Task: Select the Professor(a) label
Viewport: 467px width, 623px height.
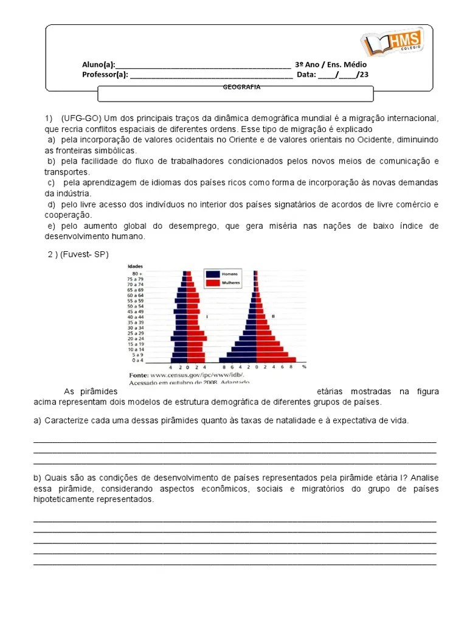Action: (105, 75)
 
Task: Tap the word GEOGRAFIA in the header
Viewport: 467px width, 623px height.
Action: (241, 87)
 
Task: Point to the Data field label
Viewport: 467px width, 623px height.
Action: (306, 75)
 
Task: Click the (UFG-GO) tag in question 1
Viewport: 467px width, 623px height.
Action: (78, 118)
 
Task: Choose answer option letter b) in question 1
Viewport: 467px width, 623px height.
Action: (50, 161)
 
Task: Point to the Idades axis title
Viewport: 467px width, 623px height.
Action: (136, 266)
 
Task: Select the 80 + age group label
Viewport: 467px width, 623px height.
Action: (137, 273)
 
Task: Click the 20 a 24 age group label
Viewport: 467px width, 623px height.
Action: (136, 338)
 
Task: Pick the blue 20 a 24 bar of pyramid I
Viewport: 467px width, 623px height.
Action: (179, 338)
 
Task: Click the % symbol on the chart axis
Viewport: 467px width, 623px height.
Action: (303, 368)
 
